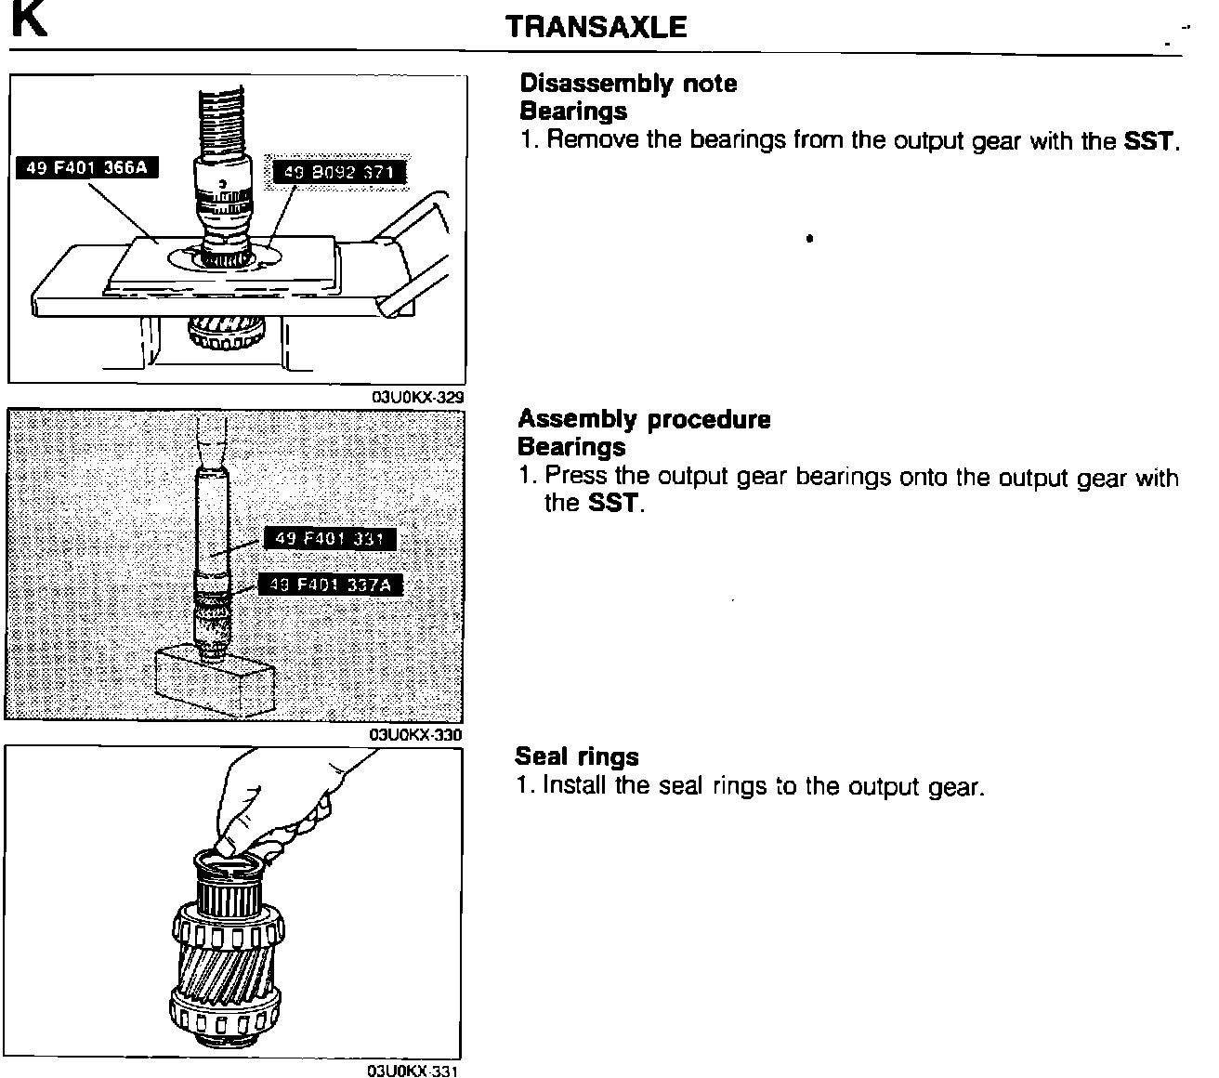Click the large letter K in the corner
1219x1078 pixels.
[x=28, y=20]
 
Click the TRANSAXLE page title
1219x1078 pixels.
[x=596, y=27]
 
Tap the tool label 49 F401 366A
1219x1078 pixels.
[x=85, y=167]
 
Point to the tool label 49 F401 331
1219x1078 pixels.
[x=330, y=539]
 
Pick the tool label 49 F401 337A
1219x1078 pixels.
[x=335, y=585]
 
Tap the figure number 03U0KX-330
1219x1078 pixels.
[x=416, y=735]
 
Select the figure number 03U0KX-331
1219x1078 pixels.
[x=413, y=1071]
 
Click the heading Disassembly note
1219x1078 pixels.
[x=628, y=84]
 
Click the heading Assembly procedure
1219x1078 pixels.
[x=644, y=419]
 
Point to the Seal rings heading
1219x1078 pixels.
[x=577, y=756]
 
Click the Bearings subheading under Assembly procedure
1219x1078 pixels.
[x=571, y=447]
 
